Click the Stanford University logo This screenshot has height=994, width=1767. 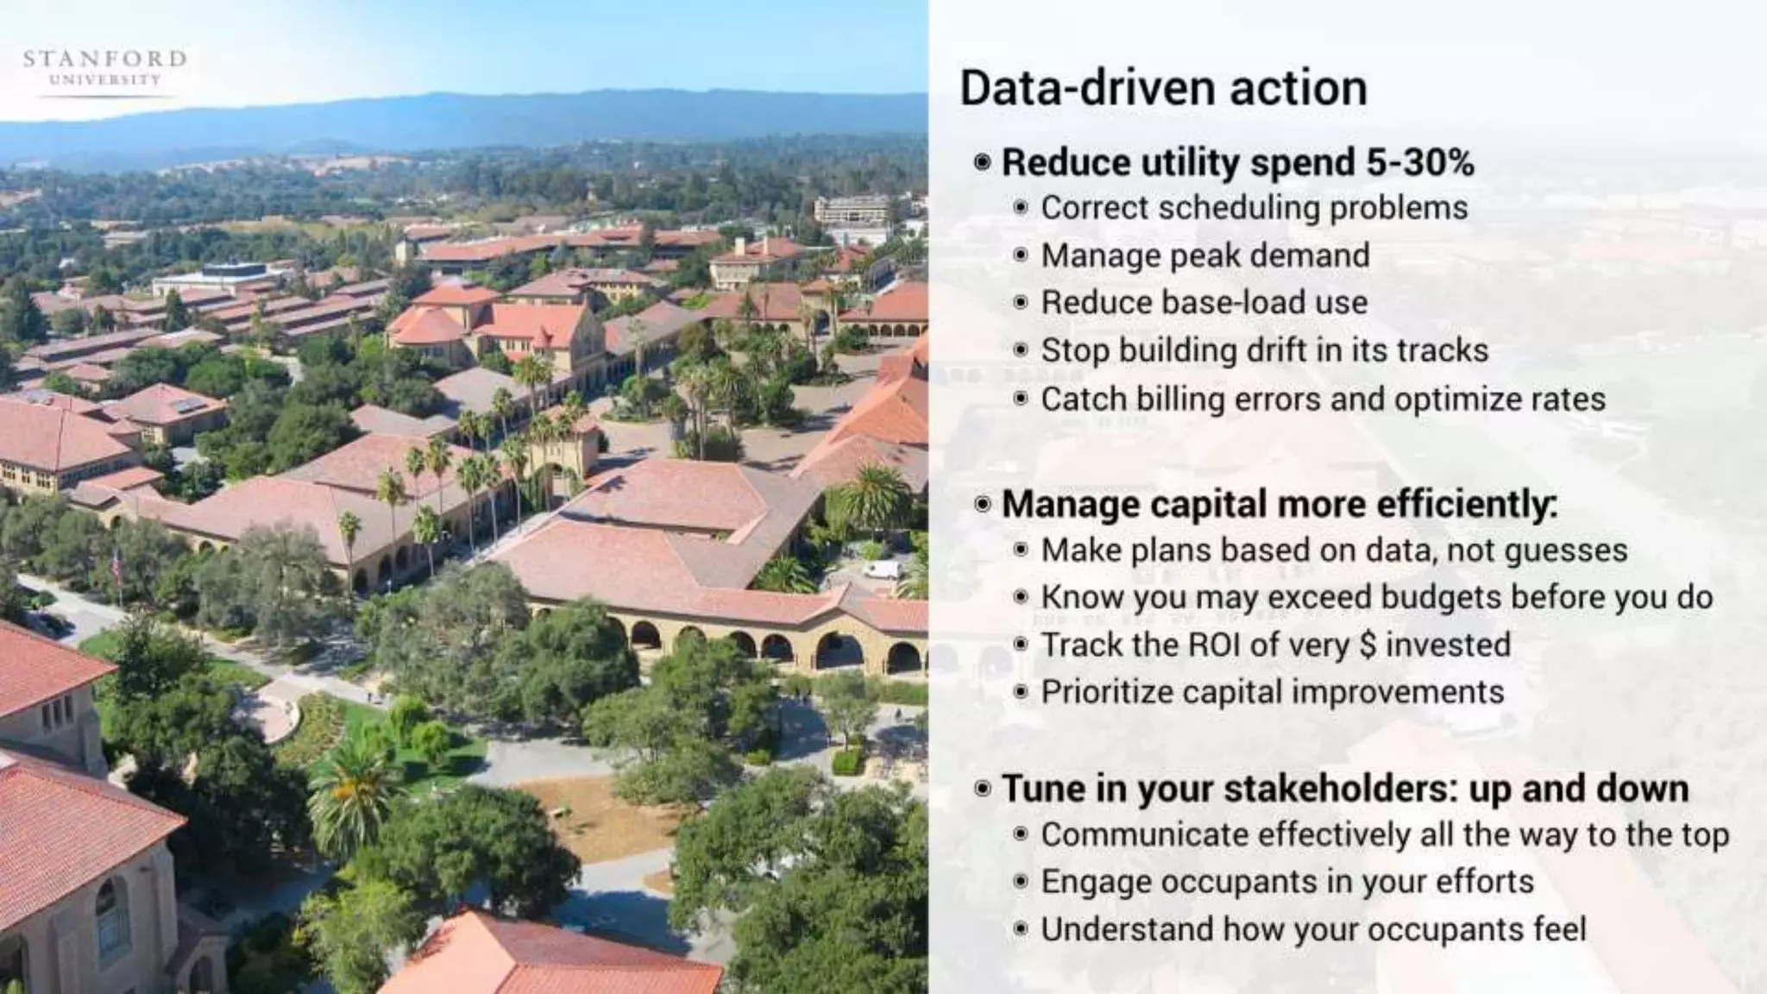[104, 68]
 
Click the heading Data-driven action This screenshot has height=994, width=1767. [1163, 89]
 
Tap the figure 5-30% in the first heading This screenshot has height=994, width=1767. [1420, 162]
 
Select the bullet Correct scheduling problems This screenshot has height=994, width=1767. [1254, 208]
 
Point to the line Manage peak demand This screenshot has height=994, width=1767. [1204, 255]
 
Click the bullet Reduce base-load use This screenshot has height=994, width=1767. [1204, 303]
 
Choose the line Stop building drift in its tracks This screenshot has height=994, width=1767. [1264, 350]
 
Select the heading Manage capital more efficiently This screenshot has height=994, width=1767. [1279, 505]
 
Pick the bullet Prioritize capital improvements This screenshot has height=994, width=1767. [1272, 692]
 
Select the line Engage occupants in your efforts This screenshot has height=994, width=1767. [1286, 882]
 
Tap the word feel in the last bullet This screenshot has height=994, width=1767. [1559, 929]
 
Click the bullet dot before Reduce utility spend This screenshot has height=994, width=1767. [982, 162]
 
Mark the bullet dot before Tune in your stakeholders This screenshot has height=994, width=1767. [982, 789]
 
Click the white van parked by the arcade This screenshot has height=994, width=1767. [881, 569]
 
